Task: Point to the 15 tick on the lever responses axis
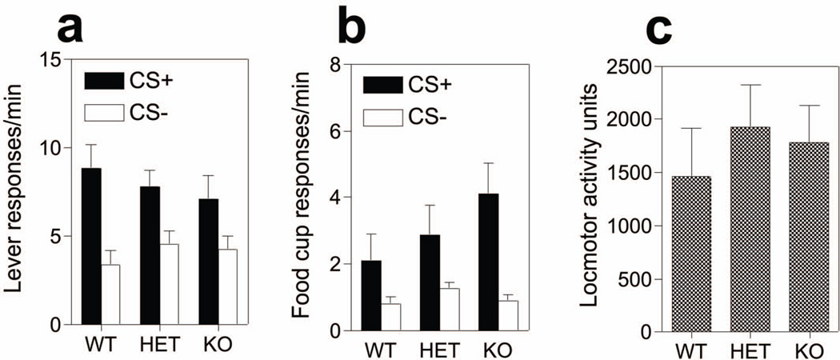(51, 61)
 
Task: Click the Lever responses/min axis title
(16, 193)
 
